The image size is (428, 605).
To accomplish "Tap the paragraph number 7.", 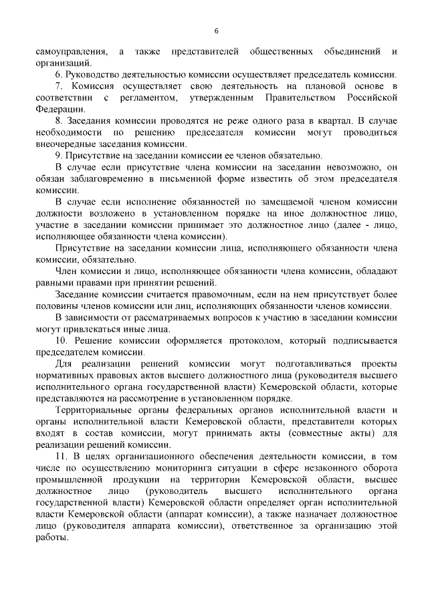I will coord(60,86).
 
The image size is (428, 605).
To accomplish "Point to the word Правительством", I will coord(301,98).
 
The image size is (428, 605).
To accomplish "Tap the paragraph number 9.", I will coord(60,156).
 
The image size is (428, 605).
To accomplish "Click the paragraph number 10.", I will coord(62,342).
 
